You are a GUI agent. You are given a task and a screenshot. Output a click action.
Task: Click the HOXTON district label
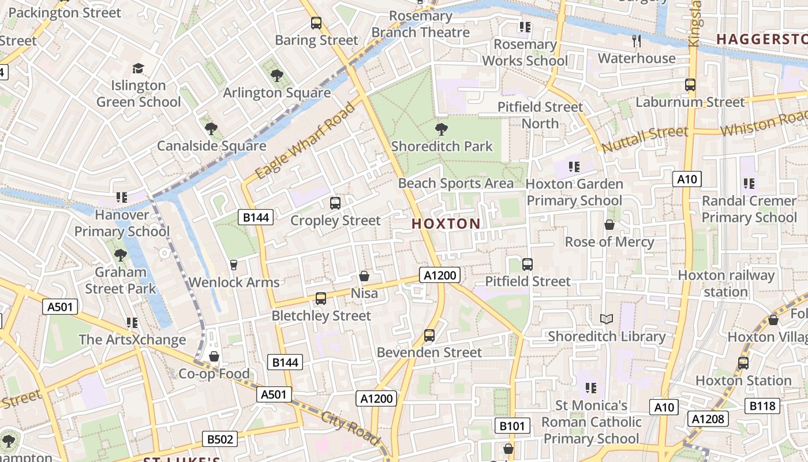tap(446, 224)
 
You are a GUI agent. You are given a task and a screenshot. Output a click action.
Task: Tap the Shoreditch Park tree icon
tap(442, 129)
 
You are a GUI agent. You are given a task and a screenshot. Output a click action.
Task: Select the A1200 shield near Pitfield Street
tap(440, 275)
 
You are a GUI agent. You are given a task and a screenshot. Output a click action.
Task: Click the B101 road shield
tap(512, 426)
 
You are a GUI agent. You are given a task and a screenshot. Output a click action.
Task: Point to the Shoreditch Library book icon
tap(606, 319)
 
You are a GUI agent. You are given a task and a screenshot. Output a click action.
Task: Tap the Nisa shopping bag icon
tap(364, 276)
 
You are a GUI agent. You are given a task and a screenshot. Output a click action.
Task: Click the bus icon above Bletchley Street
tap(320, 299)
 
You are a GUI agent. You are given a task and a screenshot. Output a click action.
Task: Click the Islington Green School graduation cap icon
tap(138, 69)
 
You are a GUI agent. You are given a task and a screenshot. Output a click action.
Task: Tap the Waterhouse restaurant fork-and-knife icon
tap(637, 40)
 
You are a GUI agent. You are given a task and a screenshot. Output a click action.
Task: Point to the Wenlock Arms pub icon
tap(234, 264)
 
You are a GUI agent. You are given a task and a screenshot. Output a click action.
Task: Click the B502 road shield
tap(220, 439)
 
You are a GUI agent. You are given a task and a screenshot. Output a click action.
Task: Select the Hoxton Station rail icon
tap(743, 363)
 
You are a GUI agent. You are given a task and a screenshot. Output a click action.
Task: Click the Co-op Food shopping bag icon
tap(214, 356)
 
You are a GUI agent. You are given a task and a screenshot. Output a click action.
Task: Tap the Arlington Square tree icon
tap(276, 75)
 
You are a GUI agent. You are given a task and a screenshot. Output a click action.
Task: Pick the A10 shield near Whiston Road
tap(687, 179)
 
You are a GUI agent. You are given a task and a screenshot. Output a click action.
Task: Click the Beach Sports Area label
tap(456, 184)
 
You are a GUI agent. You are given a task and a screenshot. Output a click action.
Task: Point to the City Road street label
tap(350, 428)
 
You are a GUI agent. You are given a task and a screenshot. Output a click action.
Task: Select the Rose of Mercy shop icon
tap(609, 225)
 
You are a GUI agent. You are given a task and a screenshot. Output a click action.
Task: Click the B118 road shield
tap(762, 406)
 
